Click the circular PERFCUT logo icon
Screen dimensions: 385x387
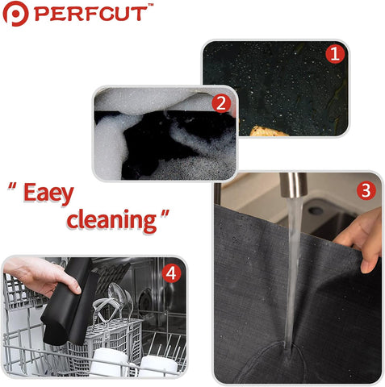click(15, 14)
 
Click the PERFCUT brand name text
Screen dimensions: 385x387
click(91, 14)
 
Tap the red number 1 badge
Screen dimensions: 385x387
click(335, 54)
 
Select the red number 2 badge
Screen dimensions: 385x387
click(221, 103)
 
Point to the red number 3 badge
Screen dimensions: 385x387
click(366, 190)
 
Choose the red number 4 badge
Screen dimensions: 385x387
click(171, 273)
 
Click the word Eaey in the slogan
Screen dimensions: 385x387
click(48, 193)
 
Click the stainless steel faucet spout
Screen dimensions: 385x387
click(294, 185)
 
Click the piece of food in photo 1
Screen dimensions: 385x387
click(269, 131)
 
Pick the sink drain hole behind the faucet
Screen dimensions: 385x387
click(316, 210)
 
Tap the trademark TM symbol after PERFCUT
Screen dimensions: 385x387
click(151, 5)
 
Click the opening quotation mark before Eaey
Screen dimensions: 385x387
click(12, 186)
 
